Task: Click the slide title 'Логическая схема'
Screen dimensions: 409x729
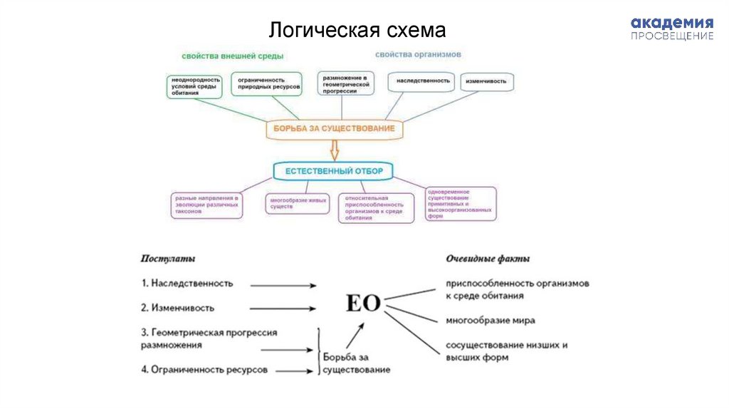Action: [357, 31]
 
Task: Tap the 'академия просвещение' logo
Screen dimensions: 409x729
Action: [671, 29]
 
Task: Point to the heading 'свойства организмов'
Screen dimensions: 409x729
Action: [419, 54]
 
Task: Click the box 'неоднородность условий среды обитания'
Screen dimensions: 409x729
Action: [195, 87]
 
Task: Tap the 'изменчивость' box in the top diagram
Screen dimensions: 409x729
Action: [487, 82]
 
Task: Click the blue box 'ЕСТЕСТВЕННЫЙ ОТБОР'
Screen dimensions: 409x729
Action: [334, 171]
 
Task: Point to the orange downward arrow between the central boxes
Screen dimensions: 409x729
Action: [335, 150]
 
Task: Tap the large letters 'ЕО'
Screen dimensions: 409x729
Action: [362, 303]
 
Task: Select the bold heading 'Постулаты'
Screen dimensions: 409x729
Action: [168, 259]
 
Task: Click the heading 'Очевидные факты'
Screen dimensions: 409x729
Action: [488, 259]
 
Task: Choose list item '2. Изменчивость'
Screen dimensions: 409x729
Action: [177, 308]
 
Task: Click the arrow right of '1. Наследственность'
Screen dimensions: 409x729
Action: [283, 285]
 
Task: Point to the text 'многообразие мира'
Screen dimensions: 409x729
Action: [491, 320]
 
